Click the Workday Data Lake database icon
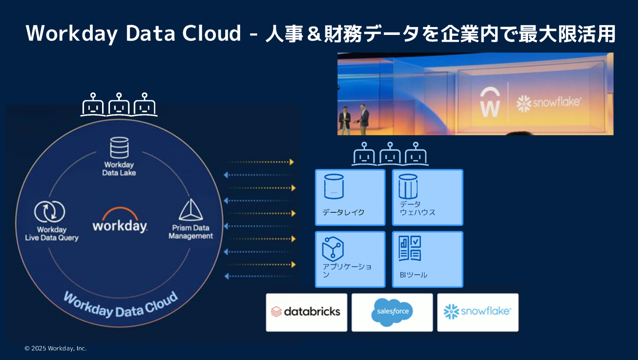(x=119, y=148)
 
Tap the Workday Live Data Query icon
(x=50, y=212)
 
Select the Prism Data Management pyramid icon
(x=190, y=210)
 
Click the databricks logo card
(x=306, y=312)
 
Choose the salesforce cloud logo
(x=392, y=312)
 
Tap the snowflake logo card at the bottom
(x=478, y=312)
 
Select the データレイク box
(x=350, y=197)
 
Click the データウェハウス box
(x=427, y=197)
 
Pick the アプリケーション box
(x=350, y=259)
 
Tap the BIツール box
(x=427, y=259)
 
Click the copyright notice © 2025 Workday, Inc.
(x=55, y=348)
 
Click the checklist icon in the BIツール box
(x=409, y=249)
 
